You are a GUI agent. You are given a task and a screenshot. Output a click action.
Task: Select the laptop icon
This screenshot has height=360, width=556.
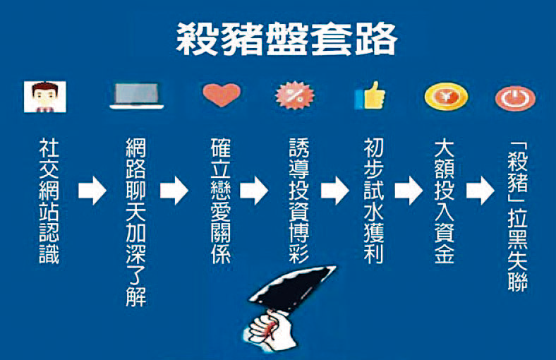137,97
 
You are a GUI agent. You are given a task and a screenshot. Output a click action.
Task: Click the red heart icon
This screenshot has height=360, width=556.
221,95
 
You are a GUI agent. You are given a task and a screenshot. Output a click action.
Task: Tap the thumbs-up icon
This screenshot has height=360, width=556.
370,95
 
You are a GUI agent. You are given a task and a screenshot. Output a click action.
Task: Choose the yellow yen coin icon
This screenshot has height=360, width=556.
446,96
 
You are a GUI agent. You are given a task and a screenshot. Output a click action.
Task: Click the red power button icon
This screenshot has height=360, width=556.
515,97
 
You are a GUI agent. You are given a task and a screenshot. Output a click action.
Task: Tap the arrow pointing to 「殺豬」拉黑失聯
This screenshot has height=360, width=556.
480,191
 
